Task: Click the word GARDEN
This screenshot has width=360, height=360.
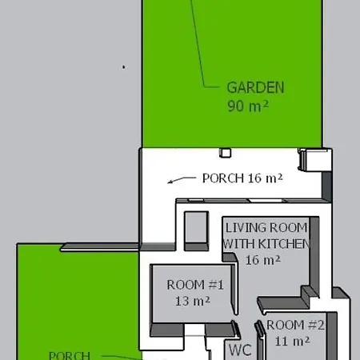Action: pos(255,88)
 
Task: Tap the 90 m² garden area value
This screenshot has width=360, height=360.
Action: pos(248,106)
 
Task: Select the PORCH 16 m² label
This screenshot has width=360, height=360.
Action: pos(242,178)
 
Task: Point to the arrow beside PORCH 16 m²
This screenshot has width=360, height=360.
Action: pos(182,180)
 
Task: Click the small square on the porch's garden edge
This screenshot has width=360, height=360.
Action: pos(226,153)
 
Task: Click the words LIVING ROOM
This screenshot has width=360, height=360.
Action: pos(266,228)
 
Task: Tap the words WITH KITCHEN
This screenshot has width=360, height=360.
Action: pos(266,244)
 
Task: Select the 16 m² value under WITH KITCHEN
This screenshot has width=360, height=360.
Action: pos(263,260)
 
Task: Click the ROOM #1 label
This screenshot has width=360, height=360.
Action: pos(195,285)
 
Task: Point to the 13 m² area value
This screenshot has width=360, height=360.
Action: pos(193,301)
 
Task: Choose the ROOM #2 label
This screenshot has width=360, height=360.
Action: pos(295,325)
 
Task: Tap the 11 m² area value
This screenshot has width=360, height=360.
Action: pos(292,341)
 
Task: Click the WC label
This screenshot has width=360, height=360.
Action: pos(240,350)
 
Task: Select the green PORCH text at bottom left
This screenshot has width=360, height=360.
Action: pos(70,355)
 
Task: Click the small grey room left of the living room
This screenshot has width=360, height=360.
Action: pos(196,227)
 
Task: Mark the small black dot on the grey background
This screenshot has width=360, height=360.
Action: pos(123,67)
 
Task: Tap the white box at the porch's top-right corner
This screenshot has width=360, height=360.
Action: pos(314,160)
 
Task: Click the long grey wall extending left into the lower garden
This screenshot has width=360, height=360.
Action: pos(99,247)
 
